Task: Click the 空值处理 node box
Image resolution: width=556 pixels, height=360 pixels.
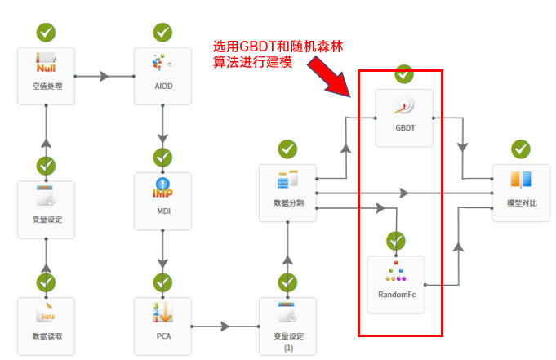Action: pos(47,76)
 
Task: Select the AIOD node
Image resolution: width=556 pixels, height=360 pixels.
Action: pos(162,76)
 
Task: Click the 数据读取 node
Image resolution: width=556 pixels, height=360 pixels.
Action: pos(47,326)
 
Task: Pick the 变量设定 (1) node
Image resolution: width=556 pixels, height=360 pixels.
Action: pos(287,326)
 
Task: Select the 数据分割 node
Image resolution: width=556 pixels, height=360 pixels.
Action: pos(287,193)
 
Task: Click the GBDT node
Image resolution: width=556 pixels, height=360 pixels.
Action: pos(403,118)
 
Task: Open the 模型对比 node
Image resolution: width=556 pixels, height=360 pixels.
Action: pos(521,193)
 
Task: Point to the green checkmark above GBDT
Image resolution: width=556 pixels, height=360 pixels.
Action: pos(403,74)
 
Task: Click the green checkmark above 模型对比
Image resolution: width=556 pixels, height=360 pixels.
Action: pos(521,149)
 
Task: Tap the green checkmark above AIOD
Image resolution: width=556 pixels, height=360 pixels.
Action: pos(162,33)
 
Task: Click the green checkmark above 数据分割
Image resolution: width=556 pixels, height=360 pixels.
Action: pos(287,149)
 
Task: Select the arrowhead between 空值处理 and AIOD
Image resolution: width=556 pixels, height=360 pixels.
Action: pos(104,76)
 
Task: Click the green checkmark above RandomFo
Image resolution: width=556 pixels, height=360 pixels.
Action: pos(396,241)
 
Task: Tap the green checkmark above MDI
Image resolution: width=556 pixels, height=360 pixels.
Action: pos(162,157)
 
